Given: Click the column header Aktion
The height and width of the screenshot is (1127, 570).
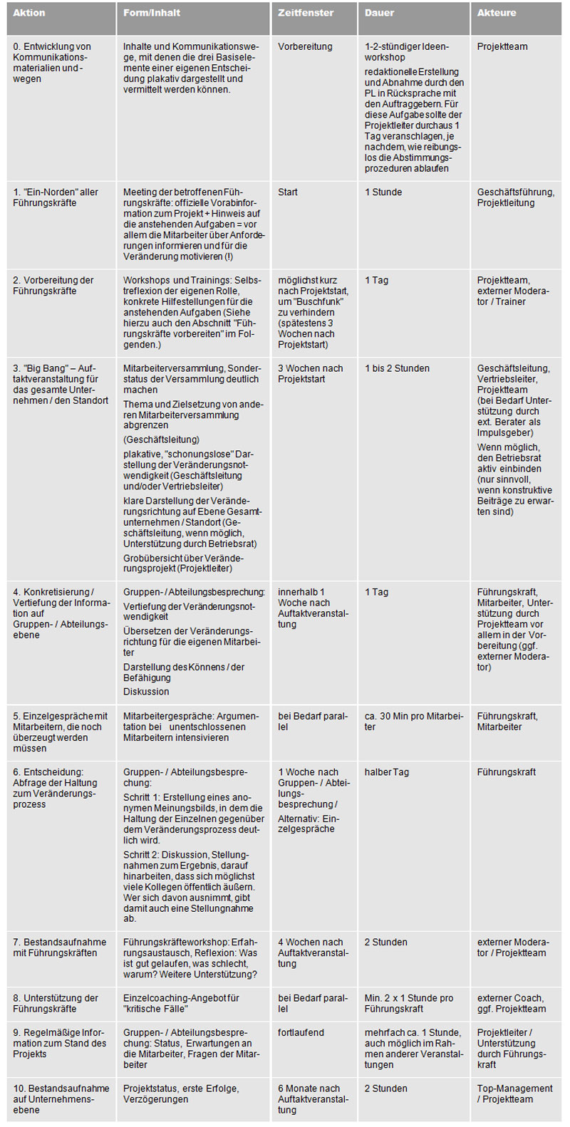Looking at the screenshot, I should [x=29, y=13].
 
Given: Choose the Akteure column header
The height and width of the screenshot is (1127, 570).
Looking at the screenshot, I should [x=497, y=13].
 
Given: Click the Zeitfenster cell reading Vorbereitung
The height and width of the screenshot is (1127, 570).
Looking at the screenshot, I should [x=305, y=47].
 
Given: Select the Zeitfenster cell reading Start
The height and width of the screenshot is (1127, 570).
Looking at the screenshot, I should [x=288, y=192].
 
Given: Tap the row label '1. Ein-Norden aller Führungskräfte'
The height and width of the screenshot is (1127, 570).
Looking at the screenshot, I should [x=56, y=197].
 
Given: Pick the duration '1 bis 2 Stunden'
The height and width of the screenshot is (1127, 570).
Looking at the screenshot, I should [x=397, y=368].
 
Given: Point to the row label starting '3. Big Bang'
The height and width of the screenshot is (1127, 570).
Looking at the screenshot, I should [x=60, y=384].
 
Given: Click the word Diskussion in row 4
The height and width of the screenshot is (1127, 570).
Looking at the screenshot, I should [x=146, y=692].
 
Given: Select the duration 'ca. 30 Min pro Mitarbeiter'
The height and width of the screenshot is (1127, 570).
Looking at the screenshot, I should [x=413, y=722].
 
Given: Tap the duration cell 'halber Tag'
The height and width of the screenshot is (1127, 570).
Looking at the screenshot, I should [x=386, y=772].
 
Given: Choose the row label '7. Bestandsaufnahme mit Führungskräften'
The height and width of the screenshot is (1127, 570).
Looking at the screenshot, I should [x=59, y=947].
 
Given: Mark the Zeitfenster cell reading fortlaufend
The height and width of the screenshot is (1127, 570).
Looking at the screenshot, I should [x=301, y=1032].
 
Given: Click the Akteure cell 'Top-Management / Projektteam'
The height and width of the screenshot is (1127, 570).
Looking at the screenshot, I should [x=514, y=1094].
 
